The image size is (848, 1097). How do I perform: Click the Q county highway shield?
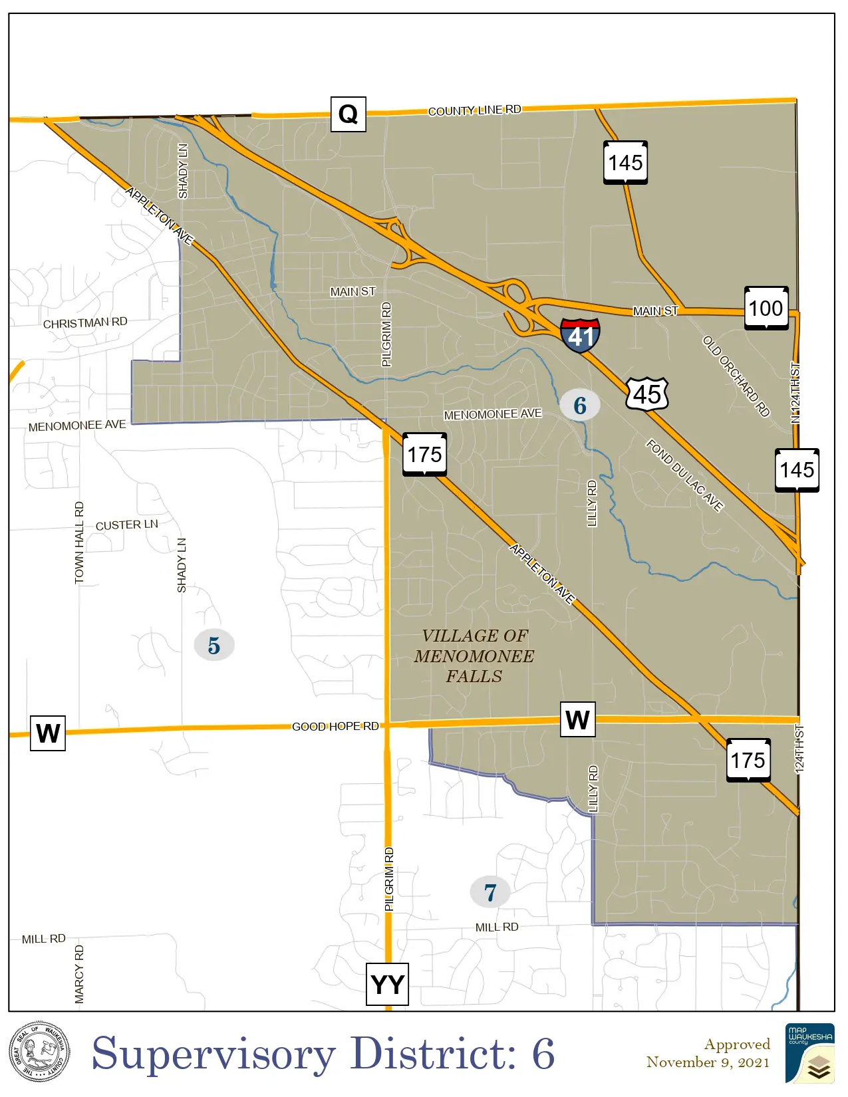[x=348, y=114]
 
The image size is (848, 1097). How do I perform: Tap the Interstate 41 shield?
[x=580, y=335]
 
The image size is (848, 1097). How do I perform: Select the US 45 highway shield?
[x=646, y=394]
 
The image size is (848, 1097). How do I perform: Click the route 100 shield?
[x=766, y=308]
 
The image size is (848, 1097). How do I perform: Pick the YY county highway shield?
[x=387, y=984]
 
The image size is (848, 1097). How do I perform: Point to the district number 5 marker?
[x=213, y=645]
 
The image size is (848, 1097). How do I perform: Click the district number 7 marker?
[x=490, y=892]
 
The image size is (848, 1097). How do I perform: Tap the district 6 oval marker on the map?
[x=579, y=405]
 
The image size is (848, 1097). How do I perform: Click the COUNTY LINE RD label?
[x=474, y=110]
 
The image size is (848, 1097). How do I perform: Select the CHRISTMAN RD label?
[x=85, y=323]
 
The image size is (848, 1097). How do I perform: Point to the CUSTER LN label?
[x=127, y=525]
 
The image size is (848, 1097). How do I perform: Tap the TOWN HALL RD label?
[x=80, y=543]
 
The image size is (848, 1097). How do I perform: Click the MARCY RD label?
[x=80, y=974]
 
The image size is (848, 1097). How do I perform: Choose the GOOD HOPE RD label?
[x=335, y=727]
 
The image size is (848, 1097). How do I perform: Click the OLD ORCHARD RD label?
[x=736, y=376]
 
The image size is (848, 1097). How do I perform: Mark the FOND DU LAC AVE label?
[x=684, y=475]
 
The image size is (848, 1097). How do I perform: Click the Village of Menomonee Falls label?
[x=474, y=656]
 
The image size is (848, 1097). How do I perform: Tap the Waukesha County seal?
[x=39, y=1053]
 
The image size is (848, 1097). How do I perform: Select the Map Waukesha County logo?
[x=809, y=1053]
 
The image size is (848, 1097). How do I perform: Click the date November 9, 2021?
[x=708, y=1062]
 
